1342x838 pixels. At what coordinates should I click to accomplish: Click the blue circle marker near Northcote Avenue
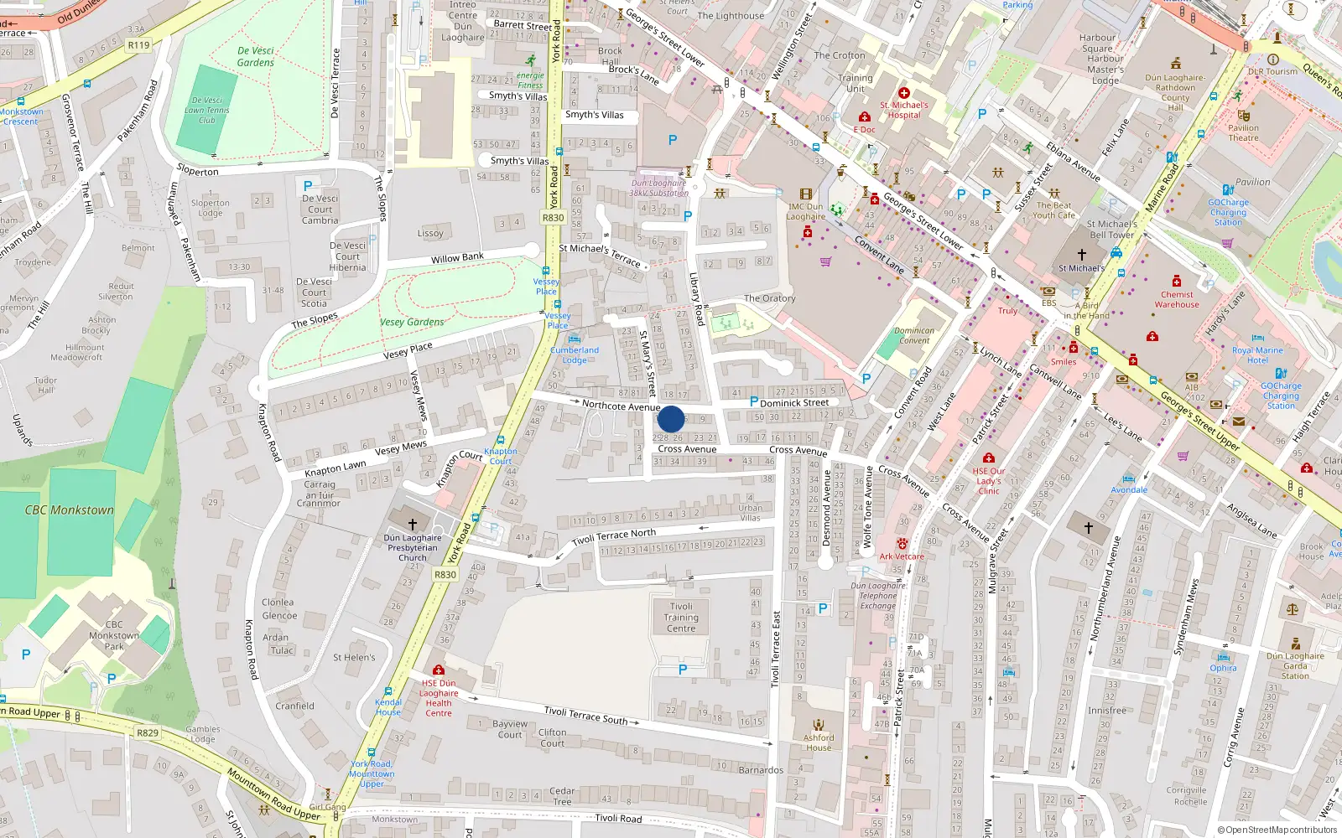click(671, 419)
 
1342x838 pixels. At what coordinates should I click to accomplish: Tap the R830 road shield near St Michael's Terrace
click(553, 218)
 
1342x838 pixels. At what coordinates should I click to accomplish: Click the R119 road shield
click(139, 45)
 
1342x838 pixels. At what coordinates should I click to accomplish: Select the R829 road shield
click(148, 732)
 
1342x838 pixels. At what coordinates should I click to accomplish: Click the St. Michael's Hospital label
click(904, 110)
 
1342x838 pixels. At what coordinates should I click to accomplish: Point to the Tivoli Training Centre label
click(681, 618)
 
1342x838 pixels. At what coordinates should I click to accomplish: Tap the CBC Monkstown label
click(69, 510)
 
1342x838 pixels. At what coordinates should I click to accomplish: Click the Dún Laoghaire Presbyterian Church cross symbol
click(412, 524)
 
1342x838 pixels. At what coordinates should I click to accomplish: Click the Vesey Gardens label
click(412, 322)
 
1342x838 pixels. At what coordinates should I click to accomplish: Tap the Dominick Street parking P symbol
click(753, 402)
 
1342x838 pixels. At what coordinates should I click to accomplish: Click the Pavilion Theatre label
click(1243, 133)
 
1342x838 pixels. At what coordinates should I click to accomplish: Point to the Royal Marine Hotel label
click(1257, 355)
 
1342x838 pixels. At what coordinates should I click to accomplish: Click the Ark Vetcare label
click(902, 556)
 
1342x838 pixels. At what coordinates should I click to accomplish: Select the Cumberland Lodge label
click(575, 355)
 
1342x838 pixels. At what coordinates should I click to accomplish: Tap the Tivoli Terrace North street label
click(625, 537)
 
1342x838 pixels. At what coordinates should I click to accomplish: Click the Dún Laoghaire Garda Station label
click(1295, 666)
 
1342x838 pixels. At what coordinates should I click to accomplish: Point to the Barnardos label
click(761, 770)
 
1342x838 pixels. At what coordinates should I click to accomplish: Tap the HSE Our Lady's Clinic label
click(989, 481)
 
